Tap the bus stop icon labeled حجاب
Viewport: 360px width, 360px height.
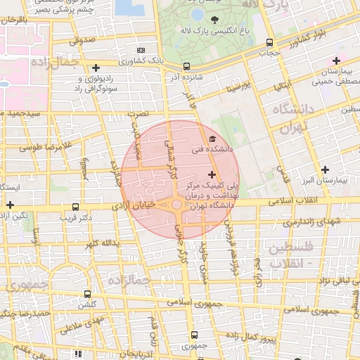pyautogui.click(x=271, y=42)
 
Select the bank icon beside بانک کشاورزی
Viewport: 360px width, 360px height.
pyautogui.click(x=141, y=50)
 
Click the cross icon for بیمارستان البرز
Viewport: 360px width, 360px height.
pyautogui.click(x=324, y=169)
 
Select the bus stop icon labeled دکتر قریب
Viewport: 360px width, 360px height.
pyautogui.click(x=75, y=207)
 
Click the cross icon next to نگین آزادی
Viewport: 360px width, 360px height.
pyautogui.click(x=10, y=205)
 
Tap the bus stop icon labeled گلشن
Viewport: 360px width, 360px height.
pyautogui.click(x=87, y=294)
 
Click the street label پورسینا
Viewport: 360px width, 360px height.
pyautogui.click(x=238, y=88)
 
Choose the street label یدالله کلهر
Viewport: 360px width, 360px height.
pyautogui.click(x=99, y=243)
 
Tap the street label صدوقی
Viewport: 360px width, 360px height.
pyautogui.click(x=82, y=41)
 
